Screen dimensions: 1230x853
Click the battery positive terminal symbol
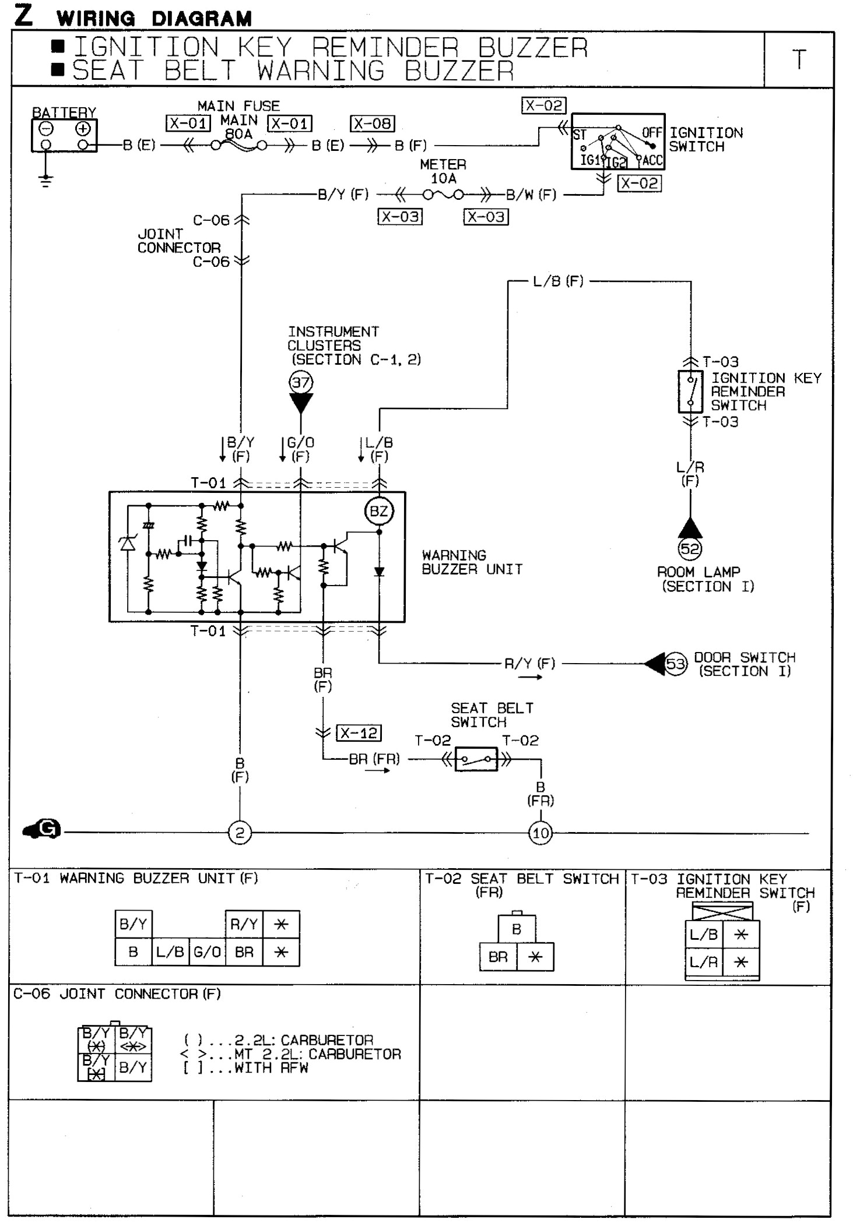pos(83,129)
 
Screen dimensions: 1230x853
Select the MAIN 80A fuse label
pos(239,127)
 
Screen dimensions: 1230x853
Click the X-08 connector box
pos(372,124)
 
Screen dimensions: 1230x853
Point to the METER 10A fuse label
pos(443,171)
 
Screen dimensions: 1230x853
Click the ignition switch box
pos(617,142)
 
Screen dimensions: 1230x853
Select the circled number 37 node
pos(301,383)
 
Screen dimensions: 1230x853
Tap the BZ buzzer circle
pos(379,512)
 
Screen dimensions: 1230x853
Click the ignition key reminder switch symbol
pos(690,392)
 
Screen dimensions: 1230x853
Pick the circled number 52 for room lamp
pos(690,548)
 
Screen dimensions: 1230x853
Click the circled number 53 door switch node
pos(675,664)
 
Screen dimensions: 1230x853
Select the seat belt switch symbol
pos(476,759)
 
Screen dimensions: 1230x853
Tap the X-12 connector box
pos(359,733)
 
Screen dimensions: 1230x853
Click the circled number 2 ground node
pos(240,833)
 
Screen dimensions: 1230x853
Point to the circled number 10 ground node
pos(540,833)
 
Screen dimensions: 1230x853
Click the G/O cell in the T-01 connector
pos(207,952)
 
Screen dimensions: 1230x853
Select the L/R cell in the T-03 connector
pos(704,962)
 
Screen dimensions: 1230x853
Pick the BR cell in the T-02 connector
pos(498,957)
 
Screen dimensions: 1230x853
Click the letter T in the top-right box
pos(799,59)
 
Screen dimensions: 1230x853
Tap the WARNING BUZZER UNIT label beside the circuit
pos(472,562)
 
